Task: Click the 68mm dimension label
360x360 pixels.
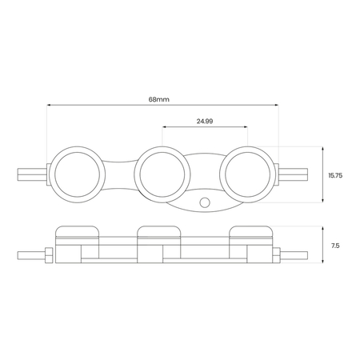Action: pos(159,99)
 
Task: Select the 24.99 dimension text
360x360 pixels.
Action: pos(205,122)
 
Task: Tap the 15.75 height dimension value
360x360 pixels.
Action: pos(335,175)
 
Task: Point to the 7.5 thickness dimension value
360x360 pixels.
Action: pos(335,246)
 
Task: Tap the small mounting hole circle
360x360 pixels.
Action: pos(205,202)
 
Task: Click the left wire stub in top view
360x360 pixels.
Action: pos(32,174)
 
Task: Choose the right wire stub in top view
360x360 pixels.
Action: pos(294,174)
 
